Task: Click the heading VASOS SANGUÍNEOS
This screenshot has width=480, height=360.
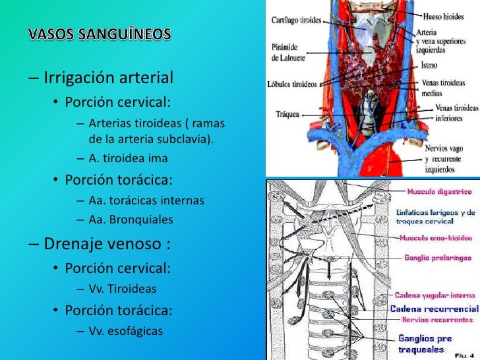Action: tap(100, 34)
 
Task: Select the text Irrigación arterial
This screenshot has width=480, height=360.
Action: tap(108, 78)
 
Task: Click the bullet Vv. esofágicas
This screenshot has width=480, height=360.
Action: tap(125, 330)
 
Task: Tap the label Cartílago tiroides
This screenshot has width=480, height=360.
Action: tap(297, 20)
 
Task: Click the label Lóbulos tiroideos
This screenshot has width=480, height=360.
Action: tap(293, 84)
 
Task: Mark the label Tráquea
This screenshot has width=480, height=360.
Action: tap(289, 114)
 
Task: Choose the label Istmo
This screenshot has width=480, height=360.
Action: tap(431, 67)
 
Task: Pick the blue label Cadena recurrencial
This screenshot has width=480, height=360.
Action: tap(433, 309)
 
